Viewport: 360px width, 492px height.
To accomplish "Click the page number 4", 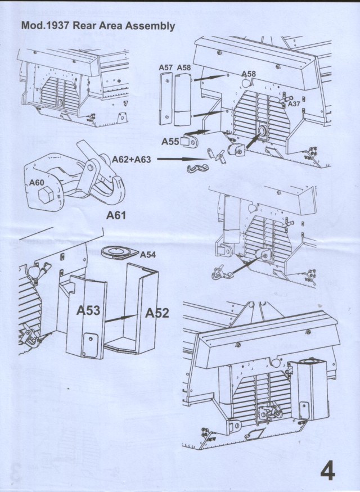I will [x=327, y=470].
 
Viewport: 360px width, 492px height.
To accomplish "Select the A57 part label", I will [x=165, y=68].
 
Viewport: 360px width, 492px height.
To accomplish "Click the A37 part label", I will [x=294, y=104].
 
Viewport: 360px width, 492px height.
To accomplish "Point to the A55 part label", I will [x=170, y=141].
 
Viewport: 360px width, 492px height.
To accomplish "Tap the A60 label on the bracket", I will [x=37, y=182].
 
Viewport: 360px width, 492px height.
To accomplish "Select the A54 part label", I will [x=148, y=255].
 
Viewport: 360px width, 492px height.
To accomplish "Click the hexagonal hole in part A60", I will [x=47, y=196].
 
